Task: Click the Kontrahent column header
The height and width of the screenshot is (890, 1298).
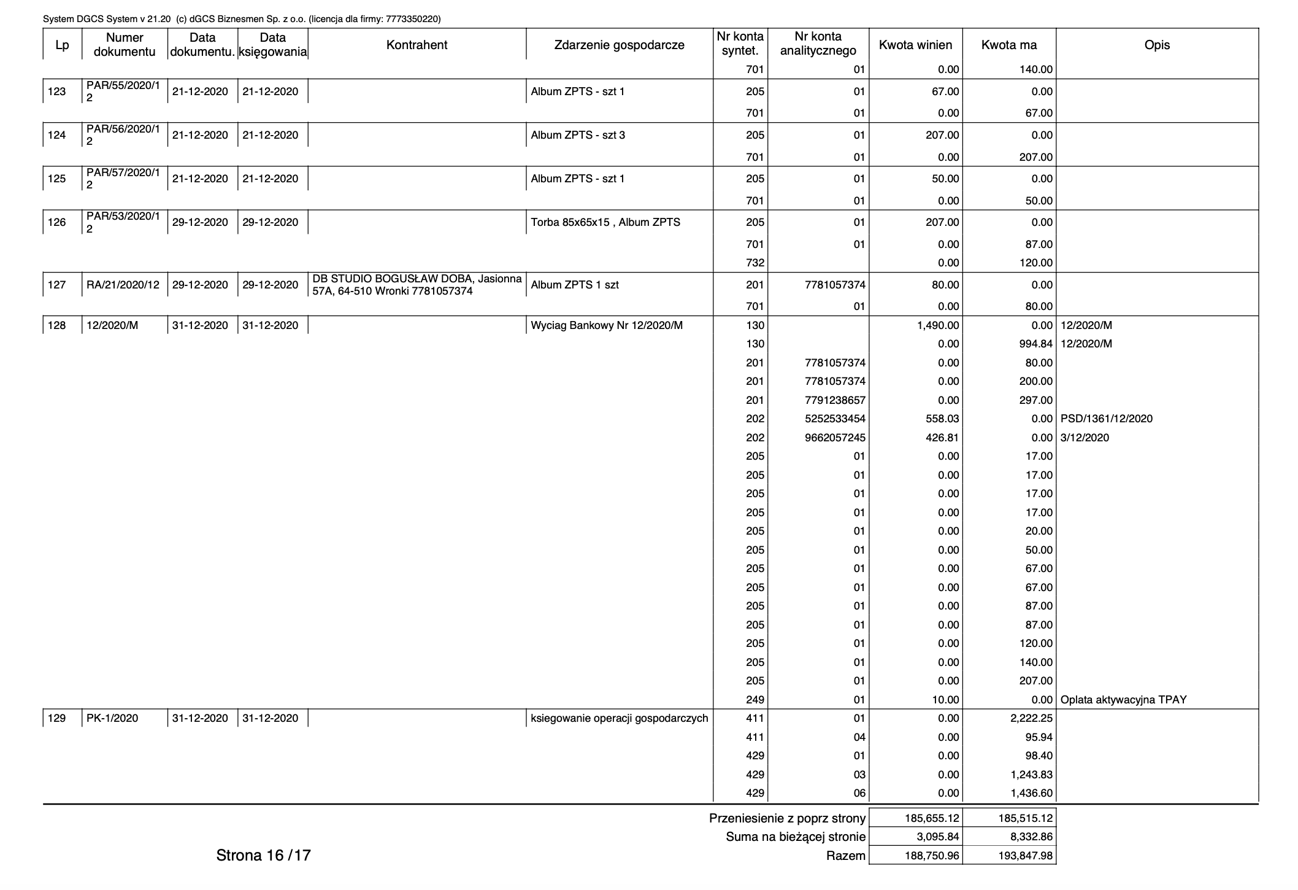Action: click(417, 45)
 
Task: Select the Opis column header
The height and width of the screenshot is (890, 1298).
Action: click(1157, 45)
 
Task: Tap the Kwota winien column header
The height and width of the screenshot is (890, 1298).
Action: click(915, 45)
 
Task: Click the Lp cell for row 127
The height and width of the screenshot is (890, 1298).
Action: click(57, 285)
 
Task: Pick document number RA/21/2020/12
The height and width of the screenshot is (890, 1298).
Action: click(123, 285)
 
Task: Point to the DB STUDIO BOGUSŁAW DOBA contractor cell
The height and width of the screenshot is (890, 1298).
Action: click(417, 285)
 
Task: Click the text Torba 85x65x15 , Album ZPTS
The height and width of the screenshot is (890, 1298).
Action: click(605, 222)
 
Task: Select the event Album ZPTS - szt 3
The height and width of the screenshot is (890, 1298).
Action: click(578, 135)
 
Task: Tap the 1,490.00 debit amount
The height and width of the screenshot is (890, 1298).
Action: click(938, 325)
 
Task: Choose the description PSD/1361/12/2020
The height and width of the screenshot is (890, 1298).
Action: click(1106, 419)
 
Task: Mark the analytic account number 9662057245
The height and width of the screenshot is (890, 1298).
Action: click(835, 438)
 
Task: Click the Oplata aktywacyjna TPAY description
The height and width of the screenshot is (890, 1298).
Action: click(1123, 700)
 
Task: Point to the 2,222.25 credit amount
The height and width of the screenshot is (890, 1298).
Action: click(1031, 718)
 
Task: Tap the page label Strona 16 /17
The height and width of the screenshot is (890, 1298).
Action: click(263, 855)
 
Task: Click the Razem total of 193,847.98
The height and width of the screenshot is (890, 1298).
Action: click(1025, 856)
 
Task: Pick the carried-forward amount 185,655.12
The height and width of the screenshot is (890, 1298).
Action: click(932, 818)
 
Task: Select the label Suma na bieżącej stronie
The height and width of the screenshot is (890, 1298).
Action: click(796, 837)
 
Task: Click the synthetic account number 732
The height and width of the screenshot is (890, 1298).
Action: click(755, 263)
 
